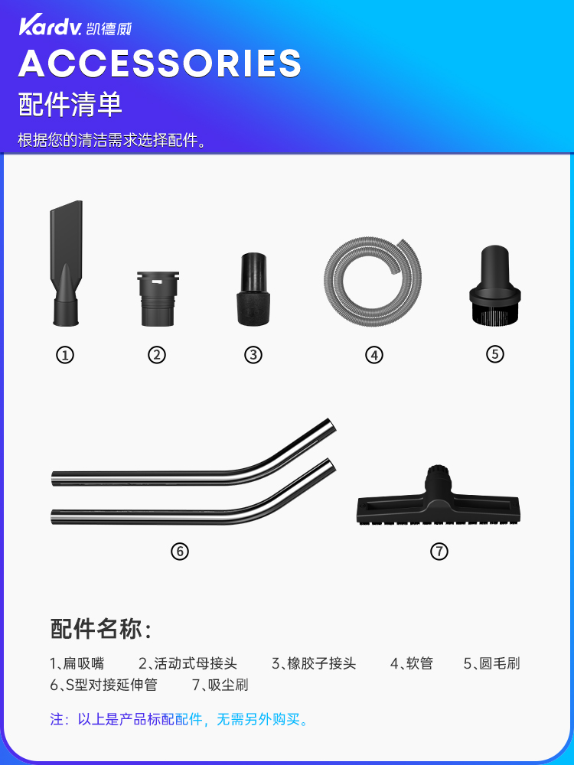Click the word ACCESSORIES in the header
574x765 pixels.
pyautogui.click(x=160, y=63)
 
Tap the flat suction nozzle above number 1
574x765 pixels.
pyautogui.click(x=67, y=263)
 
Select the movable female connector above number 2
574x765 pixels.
pyautogui.click(x=158, y=298)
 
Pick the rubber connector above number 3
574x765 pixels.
pyautogui.click(x=253, y=289)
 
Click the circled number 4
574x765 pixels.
pyautogui.click(x=374, y=355)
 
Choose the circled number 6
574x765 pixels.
pyautogui.click(x=180, y=552)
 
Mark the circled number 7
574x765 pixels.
pyautogui.click(x=439, y=552)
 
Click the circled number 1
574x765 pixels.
pyautogui.click(x=65, y=355)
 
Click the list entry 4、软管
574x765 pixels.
pyautogui.click(x=412, y=663)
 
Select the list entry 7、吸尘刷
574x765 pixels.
pyautogui.click(x=220, y=685)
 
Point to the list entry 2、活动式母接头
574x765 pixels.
pyautogui.click(x=188, y=663)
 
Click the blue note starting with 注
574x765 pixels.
pyautogui.click(x=179, y=719)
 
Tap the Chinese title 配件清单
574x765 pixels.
pyautogui.click(x=70, y=104)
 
